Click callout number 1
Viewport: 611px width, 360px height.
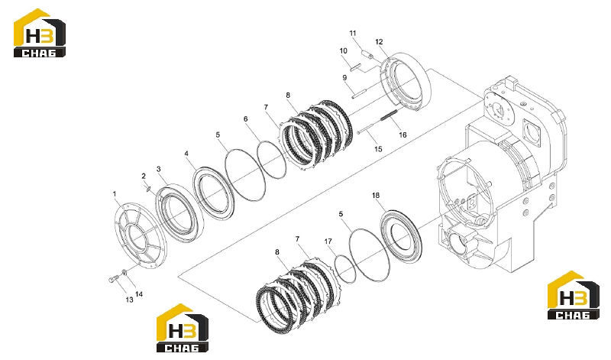tap(115, 194)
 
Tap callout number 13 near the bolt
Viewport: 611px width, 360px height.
tap(129, 300)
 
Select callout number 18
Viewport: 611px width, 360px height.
tap(376, 196)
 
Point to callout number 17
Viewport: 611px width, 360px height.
tap(328, 242)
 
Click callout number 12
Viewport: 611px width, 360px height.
tap(379, 42)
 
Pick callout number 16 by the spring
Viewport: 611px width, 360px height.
tap(402, 135)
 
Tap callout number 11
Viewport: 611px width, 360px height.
tap(353, 33)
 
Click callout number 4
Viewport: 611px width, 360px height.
tap(186, 154)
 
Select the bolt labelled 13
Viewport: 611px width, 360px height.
tap(112, 279)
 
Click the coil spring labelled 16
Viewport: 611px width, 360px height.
tap(387, 116)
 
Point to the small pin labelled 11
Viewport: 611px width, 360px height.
tap(368, 55)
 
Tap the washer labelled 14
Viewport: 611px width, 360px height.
tap(124, 272)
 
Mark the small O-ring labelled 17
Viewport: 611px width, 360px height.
tap(345, 269)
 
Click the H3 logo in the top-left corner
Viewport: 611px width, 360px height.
tap(40, 33)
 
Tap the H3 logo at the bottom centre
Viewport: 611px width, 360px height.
tap(183, 328)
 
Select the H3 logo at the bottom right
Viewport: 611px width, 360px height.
tap(574, 295)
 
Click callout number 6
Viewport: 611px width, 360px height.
tap(245, 119)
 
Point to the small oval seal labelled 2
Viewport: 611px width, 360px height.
tap(148, 189)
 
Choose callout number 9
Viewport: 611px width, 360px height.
tap(344, 78)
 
